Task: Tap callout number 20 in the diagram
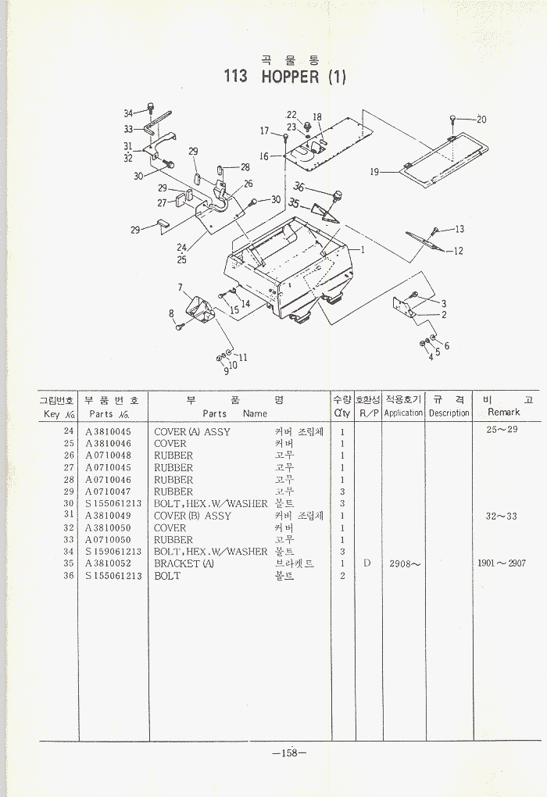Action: click(x=481, y=120)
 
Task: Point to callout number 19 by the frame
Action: click(x=374, y=172)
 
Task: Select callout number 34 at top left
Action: click(x=129, y=113)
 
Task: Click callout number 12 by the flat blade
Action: click(x=459, y=251)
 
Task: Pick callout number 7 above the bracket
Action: click(x=180, y=287)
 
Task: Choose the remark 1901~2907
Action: click(x=502, y=564)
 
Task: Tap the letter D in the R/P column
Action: click(x=366, y=563)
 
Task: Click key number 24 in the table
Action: click(x=69, y=432)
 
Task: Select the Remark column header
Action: click(x=503, y=413)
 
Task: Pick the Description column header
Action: click(x=449, y=413)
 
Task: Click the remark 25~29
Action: click(x=502, y=430)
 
